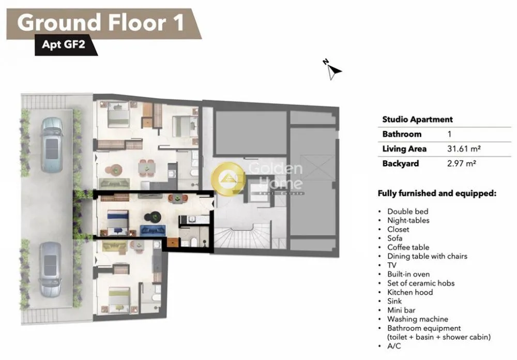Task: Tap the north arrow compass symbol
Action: point(332,70)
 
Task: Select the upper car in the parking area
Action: point(52,145)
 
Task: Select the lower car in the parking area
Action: point(51,269)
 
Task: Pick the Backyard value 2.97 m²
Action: point(461,163)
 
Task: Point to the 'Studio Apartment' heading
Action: point(417,119)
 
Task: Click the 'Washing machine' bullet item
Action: point(417,319)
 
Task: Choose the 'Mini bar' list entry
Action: point(401,310)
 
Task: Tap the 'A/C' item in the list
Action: point(394,346)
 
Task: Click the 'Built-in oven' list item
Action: point(408,274)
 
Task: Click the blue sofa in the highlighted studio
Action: point(153,230)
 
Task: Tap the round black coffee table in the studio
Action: point(153,217)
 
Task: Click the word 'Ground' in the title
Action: point(59,23)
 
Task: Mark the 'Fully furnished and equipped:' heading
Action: point(437,193)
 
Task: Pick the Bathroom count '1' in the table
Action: point(449,134)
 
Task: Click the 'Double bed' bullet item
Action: point(407,212)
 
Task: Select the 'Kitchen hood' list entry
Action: point(410,292)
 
